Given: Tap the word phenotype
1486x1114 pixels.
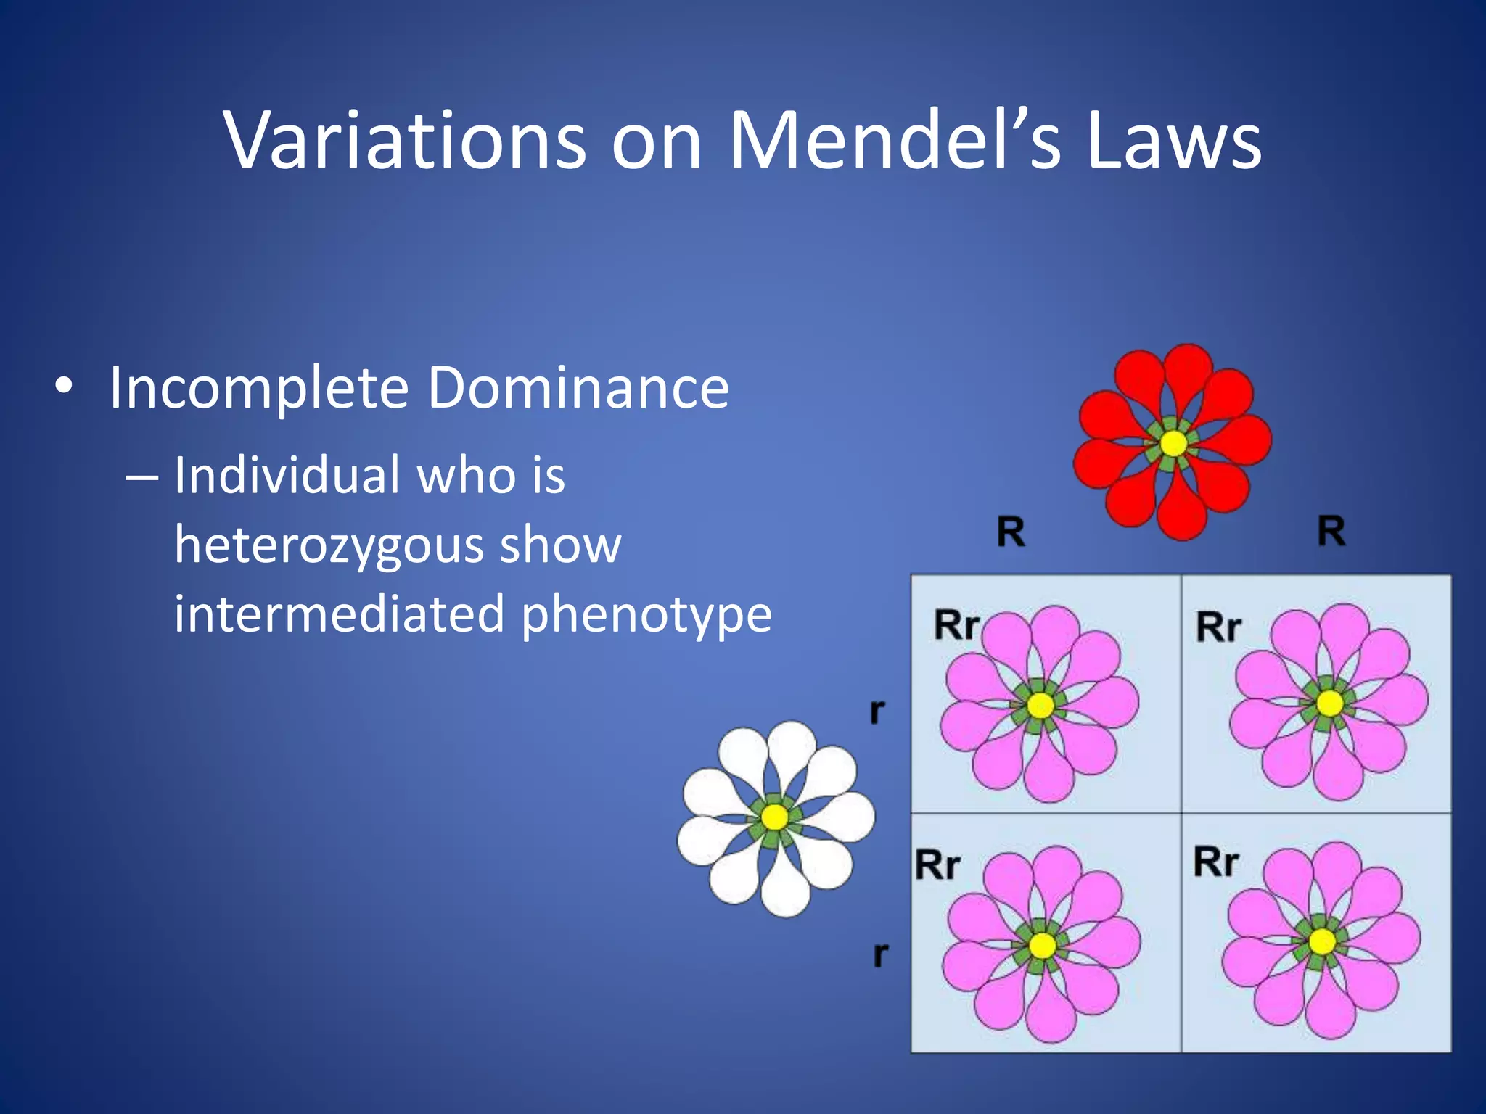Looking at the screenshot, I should point(646,614).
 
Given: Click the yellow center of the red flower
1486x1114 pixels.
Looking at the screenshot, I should point(1173,443).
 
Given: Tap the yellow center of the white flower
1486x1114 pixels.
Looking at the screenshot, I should point(775,817).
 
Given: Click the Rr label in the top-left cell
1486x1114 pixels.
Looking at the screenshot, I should point(956,625).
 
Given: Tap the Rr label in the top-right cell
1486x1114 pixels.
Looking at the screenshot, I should point(1218,627).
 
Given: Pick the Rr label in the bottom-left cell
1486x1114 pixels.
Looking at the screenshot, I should point(937,865).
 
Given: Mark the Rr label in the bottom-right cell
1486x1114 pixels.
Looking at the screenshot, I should point(1216,862).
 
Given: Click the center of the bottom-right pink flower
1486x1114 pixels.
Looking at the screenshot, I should point(1321,942).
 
